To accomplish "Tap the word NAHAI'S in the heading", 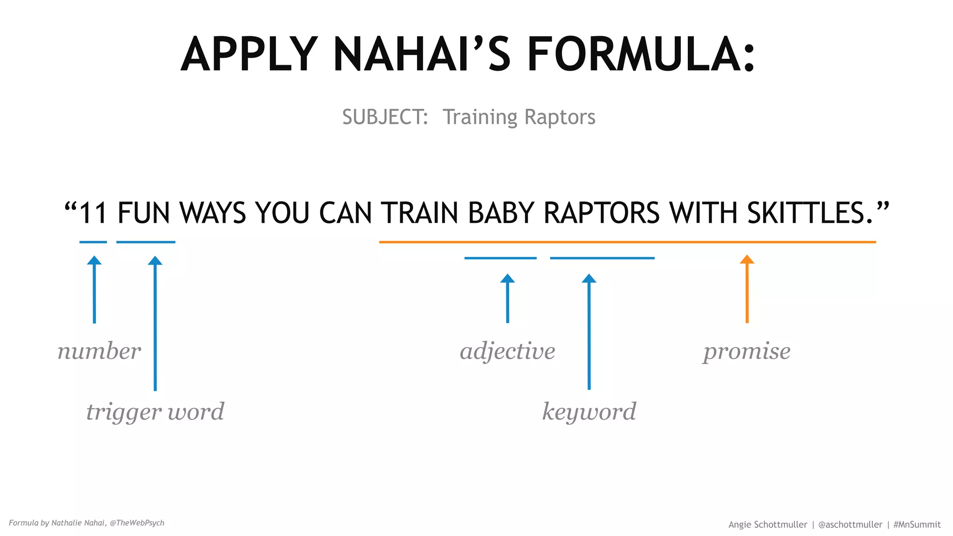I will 422,54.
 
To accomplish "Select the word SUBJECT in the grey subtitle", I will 384,117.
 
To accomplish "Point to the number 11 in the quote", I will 93,213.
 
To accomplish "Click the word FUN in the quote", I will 146,213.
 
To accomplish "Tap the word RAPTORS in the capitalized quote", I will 601,213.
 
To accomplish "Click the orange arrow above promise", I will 747,288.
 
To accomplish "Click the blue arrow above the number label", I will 94,288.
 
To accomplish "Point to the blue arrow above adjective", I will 507,298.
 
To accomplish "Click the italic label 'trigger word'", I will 155,412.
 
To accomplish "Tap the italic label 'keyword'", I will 589,412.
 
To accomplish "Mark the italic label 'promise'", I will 746,351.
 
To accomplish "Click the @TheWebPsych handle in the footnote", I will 137,523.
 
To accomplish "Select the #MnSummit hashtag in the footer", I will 917,524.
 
